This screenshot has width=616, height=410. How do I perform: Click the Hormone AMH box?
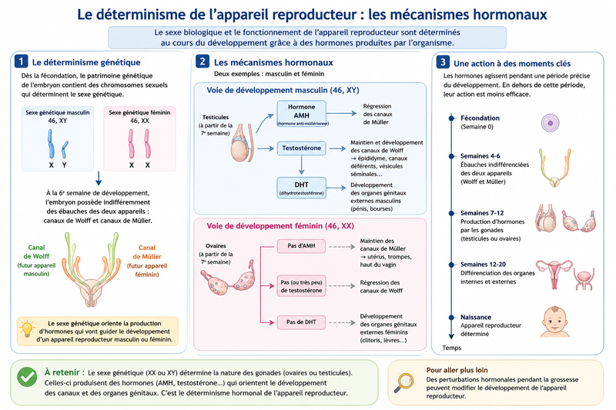point(301,113)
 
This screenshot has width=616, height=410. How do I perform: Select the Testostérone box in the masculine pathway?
point(301,148)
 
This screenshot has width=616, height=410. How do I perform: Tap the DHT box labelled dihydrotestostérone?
point(301,188)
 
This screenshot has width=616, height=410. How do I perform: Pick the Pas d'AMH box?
point(301,246)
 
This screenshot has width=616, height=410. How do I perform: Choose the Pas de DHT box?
point(301,322)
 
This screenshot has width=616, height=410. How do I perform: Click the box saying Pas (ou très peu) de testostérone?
point(301,286)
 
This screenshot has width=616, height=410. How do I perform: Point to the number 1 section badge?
point(21,62)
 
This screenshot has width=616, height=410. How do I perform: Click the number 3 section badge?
point(443,62)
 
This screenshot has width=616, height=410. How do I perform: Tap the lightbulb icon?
point(27,329)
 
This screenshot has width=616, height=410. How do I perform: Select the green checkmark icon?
point(27,377)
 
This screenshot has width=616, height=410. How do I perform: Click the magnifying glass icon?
point(403,382)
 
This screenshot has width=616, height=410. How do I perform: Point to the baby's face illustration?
point(554,322)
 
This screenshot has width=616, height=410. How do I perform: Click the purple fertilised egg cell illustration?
point(550,123)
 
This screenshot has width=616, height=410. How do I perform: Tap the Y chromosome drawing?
point(65,149)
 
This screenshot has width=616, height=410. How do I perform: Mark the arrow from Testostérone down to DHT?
point(301,165)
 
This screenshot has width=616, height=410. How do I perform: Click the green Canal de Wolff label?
point(36,252)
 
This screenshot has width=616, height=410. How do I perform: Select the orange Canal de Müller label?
point(147,252)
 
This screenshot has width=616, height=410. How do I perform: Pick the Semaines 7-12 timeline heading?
point(482,213)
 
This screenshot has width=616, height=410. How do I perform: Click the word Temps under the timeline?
point(452,348)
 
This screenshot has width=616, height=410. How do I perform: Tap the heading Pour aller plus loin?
point(457,370)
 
